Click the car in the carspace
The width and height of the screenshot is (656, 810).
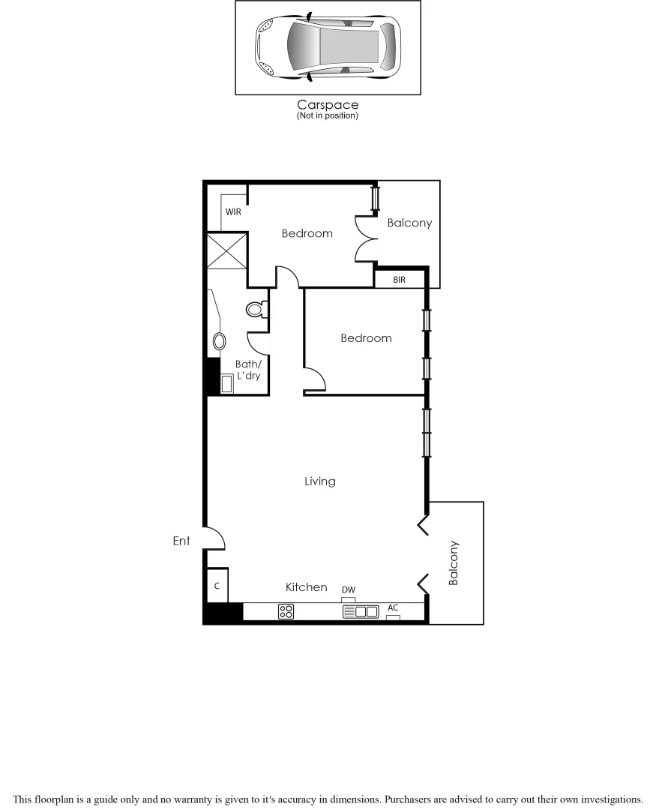pos(328,46)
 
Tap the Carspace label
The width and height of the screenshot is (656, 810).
pos(328,105)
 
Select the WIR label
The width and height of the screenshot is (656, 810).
pos(233,212)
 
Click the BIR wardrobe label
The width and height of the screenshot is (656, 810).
pos(399,280)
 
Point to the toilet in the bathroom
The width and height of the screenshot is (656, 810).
pos(256,308)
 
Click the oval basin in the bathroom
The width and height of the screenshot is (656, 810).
pos(220,342)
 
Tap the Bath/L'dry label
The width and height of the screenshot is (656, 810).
pos(248,370)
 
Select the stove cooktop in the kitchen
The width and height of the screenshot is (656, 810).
pos(286,612)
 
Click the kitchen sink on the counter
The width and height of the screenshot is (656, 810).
pos(361,612)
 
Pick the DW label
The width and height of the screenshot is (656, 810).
pos(349,591)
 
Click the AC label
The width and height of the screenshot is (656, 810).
pos(393,607)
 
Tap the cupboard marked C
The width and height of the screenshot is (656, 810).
pos(217,586)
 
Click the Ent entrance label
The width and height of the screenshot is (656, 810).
pos(181,541)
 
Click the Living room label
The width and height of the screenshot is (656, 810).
pos(319,481)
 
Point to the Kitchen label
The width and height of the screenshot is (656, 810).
pos(306,587)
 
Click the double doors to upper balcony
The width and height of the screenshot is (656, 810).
pos(366,238)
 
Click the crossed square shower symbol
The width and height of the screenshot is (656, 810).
pos(226,250)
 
